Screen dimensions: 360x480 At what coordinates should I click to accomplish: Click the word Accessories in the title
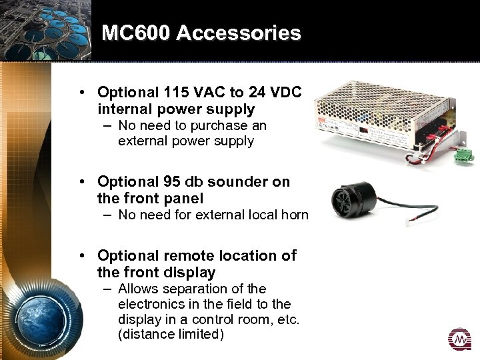tap(239, 33)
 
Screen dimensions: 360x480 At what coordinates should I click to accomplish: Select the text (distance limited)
tap(170, 334)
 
